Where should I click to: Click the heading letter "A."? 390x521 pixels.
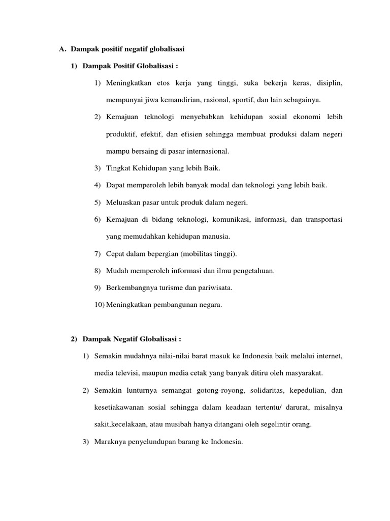63,49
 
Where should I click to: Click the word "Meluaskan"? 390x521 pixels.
123,202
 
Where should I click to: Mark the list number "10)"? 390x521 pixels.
99,305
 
